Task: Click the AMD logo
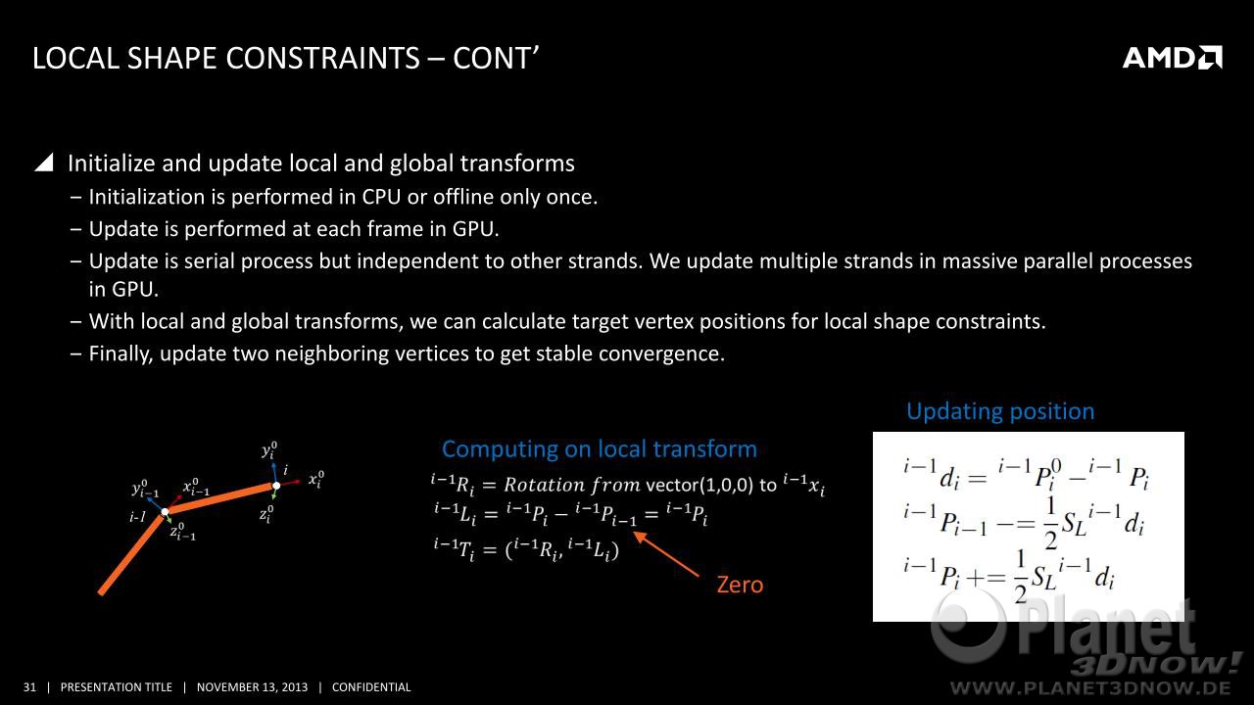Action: pyautogui.click(x=1173, y=58)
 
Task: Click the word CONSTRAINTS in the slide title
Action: pyautogui.click(x=323, y=58)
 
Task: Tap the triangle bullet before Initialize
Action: pyautogui.click(x=44, y=163)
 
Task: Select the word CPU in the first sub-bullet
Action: pyautogui.click(x=381, y=197)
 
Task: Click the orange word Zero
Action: pyautogui.click(x=740, y=585)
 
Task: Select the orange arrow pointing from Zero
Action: pyautogui.click(x=666, y=554)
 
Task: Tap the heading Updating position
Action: pyautogui.click(x=1000, y=412)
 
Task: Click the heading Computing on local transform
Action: pyautogui.click(x=599, y=449)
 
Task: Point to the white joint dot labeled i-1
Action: pyautogui.click(x=166, y=511)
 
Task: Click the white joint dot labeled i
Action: pyautogui.click(x=276, y=486)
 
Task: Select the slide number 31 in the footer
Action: pyautogui.click(x=29, y=687)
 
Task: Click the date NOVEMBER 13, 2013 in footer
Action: pyautogui.click(x=252, y=687)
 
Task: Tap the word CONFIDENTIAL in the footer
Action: pyautogui.click(x=371, y=687)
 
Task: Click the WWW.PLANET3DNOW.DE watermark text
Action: pyautogui.click(x=1090, y=687)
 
